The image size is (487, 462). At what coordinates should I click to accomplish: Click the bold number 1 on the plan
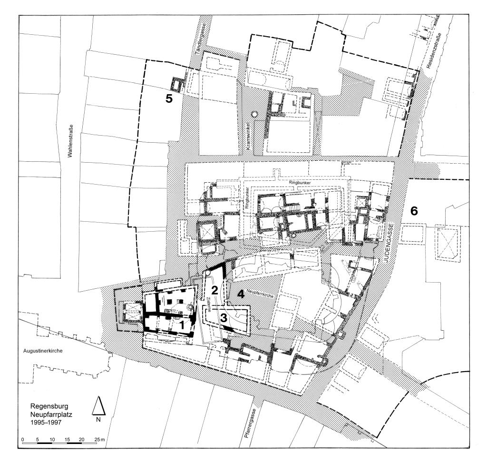click(x=182, y=325)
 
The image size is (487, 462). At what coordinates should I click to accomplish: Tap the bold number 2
click(x=214, y=290)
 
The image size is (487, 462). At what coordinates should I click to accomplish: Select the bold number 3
click(x=224, y=317)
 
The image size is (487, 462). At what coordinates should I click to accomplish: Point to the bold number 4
click(x=241, y=294)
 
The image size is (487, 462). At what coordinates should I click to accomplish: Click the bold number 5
click(x=169, y=99)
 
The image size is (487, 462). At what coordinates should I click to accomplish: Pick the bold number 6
click(x=414, y=211)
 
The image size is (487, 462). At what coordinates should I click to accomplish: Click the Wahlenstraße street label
click(x=70, y=141)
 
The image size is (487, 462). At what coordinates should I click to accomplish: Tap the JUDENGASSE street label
click(x=392, y=244)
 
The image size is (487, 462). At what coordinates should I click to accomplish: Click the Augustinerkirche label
click(x=43, y=351)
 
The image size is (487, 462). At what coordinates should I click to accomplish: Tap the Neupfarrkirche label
click(x=260, y=294)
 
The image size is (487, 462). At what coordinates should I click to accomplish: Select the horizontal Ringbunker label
click(x=300, y=183)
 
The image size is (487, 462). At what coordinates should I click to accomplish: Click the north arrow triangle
click(x=98, y=406)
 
